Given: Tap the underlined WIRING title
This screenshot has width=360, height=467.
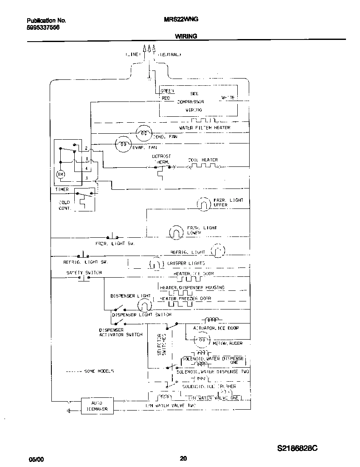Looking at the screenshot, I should [x=186, y=37].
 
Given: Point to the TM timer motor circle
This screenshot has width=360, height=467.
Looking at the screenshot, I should [x=60, y=174].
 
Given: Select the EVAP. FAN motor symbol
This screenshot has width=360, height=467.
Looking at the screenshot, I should [x=123, y=144].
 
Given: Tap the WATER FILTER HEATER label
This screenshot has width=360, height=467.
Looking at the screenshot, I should [x=205, y=128].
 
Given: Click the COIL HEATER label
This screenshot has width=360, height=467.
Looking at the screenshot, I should [x=203, y=160].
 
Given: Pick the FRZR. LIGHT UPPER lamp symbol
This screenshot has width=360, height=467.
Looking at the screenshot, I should [x=204, y=205].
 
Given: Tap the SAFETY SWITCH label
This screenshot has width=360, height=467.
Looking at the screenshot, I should [x=84, y=273].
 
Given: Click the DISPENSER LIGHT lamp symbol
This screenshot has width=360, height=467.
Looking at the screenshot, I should [x=144, y=305].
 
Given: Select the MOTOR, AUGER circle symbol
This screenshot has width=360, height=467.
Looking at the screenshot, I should [x=202, y=340].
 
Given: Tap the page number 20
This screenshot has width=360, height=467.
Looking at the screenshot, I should [x=183, y=458].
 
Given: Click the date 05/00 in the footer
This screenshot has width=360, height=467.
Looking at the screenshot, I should [x=36, y=459].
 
